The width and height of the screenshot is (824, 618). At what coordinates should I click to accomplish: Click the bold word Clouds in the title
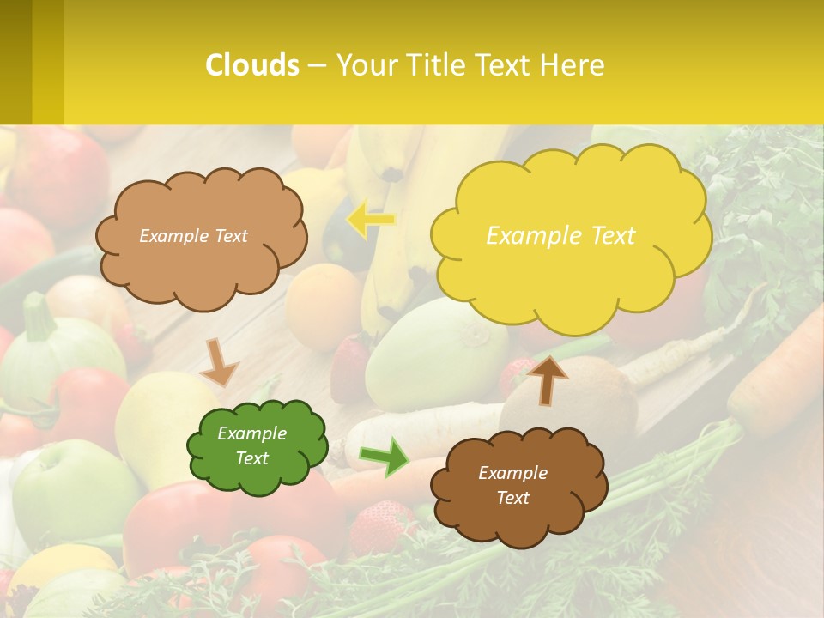(x=252, y=65)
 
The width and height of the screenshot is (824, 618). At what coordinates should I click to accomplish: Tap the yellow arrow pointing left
(x=371, y=220)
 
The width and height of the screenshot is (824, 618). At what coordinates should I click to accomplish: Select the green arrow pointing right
(x=385, y=457)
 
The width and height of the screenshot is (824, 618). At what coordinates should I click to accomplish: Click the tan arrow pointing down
(x=220, y=363)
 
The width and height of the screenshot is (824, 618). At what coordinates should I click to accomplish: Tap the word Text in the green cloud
(x=252, y=458)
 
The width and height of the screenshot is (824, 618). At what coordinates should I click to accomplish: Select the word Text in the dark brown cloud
(x=512, y=498)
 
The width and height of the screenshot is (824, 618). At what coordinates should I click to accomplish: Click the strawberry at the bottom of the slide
(x=380, y=525)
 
